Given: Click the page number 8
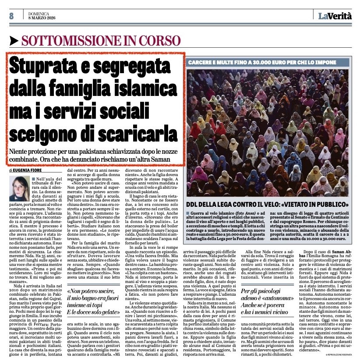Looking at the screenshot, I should [11, 16].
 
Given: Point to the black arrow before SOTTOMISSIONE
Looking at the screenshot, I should [14, 42].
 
